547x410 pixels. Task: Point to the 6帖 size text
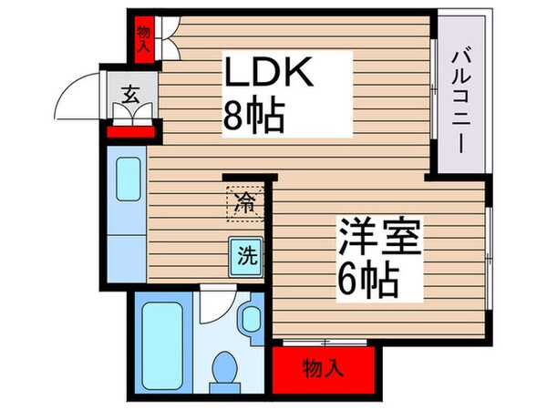click(369, 280)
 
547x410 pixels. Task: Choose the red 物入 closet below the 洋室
click(323, 368)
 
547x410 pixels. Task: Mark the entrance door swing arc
click(77, 96)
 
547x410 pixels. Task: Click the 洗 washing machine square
click(246, 256)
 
